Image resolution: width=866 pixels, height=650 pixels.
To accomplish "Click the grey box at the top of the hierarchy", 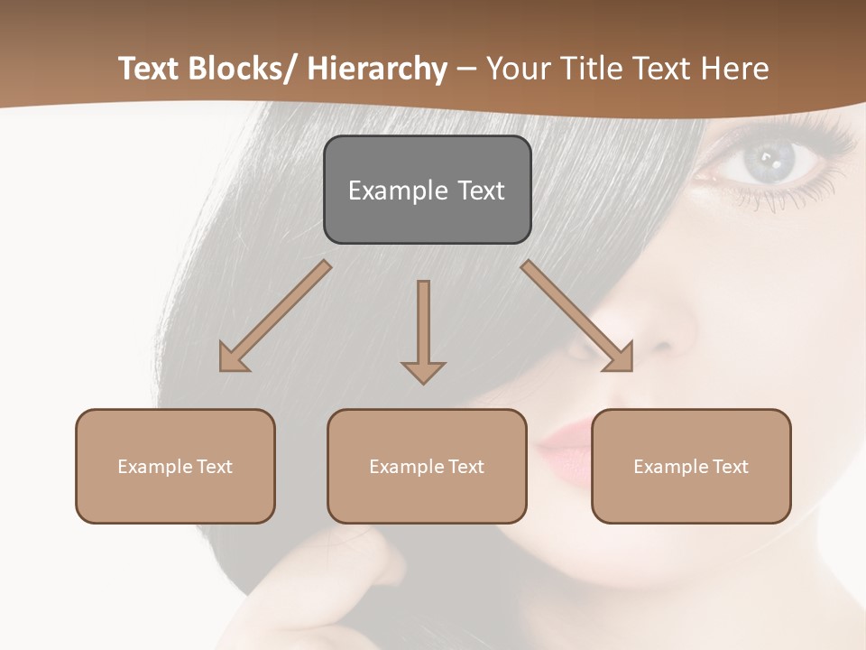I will [x=427, y=190].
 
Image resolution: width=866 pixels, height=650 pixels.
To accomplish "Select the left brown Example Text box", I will [x=175, y=466].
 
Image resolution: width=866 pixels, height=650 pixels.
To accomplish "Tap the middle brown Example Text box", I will [x=427, y=466].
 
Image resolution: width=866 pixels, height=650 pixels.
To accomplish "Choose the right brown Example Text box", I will [x=691, y=466].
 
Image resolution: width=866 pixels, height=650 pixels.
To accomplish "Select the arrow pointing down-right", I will [x=577, y=316].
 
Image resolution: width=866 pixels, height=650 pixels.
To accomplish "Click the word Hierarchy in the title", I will [x=377, y=69].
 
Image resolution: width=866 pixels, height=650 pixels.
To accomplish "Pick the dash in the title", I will [x=466, y=70].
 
